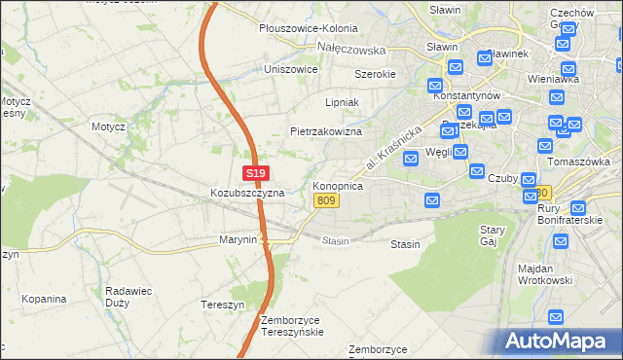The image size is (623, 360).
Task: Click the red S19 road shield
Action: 254,173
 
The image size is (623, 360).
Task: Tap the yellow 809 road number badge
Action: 326,200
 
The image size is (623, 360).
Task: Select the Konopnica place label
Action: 338,185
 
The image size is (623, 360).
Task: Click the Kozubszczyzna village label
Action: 247,193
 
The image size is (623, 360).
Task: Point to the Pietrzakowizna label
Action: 326,131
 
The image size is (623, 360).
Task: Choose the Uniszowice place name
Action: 291,69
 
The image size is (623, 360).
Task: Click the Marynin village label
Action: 238,239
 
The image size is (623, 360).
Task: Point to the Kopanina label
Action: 44,297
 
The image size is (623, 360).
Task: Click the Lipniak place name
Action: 343,101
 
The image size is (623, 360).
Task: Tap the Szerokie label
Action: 374,74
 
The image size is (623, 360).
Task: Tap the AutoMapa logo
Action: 559,342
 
